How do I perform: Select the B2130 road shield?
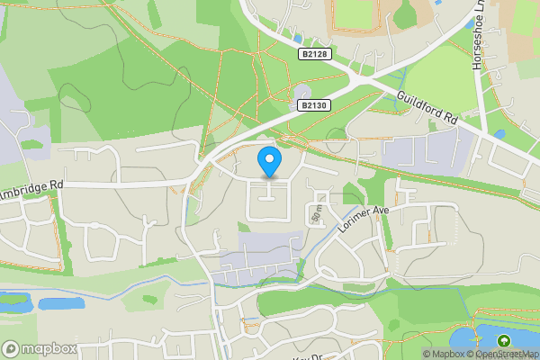[312, 105]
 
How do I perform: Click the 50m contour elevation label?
[316, 212]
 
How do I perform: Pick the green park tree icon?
[503, 340]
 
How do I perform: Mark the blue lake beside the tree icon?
[470, 338]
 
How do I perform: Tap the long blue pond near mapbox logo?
[60, 304]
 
